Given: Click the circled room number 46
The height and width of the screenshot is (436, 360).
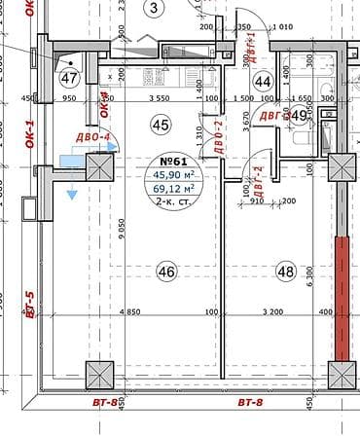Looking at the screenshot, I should click(x=166, y=272).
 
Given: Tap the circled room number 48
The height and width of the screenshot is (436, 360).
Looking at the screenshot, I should click(x=285, y=271).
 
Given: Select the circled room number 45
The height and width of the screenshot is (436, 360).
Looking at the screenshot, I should click(x=161, y=124).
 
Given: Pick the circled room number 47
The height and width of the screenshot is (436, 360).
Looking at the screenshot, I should click(x=68, y=78).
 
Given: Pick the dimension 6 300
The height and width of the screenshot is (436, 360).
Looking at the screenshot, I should click(x=307, y=276).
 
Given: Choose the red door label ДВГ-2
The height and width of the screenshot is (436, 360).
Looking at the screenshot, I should click(x=260, y=180).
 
